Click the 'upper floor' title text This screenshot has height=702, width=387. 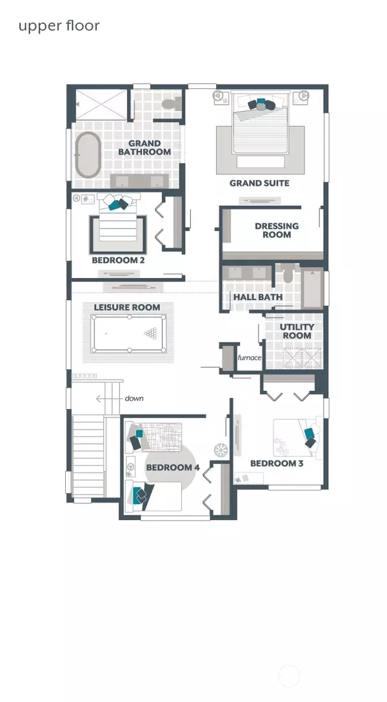(59, 26)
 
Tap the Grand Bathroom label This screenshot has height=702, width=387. (144, 148)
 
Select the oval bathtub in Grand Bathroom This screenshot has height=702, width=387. (87, 154)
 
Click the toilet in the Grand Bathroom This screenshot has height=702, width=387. (171, 105)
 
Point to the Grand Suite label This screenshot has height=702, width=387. (259, 183)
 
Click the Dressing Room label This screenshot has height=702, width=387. (277, 230)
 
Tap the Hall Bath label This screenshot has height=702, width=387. (258, 297)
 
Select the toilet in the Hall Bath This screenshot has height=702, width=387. (288, 274)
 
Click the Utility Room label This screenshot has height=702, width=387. (297, 331)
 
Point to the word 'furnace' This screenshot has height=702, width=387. (250, 357)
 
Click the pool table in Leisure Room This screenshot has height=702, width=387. (129, 334)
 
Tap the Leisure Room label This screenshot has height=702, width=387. (127, 308)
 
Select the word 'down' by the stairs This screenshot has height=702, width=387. (134, 398)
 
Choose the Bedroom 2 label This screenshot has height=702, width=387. (118, 260)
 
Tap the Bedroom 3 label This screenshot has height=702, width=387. (277, 463)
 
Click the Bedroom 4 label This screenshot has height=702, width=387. (173, 468)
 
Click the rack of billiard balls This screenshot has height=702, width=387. (151, 333)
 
